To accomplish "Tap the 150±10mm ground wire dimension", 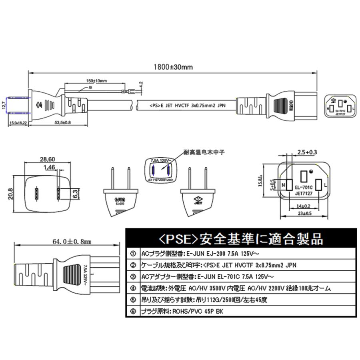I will click(x=97, y=81).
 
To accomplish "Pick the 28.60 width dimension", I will click(x=48, y=159).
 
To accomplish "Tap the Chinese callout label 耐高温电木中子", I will click(x=202, y=152).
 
